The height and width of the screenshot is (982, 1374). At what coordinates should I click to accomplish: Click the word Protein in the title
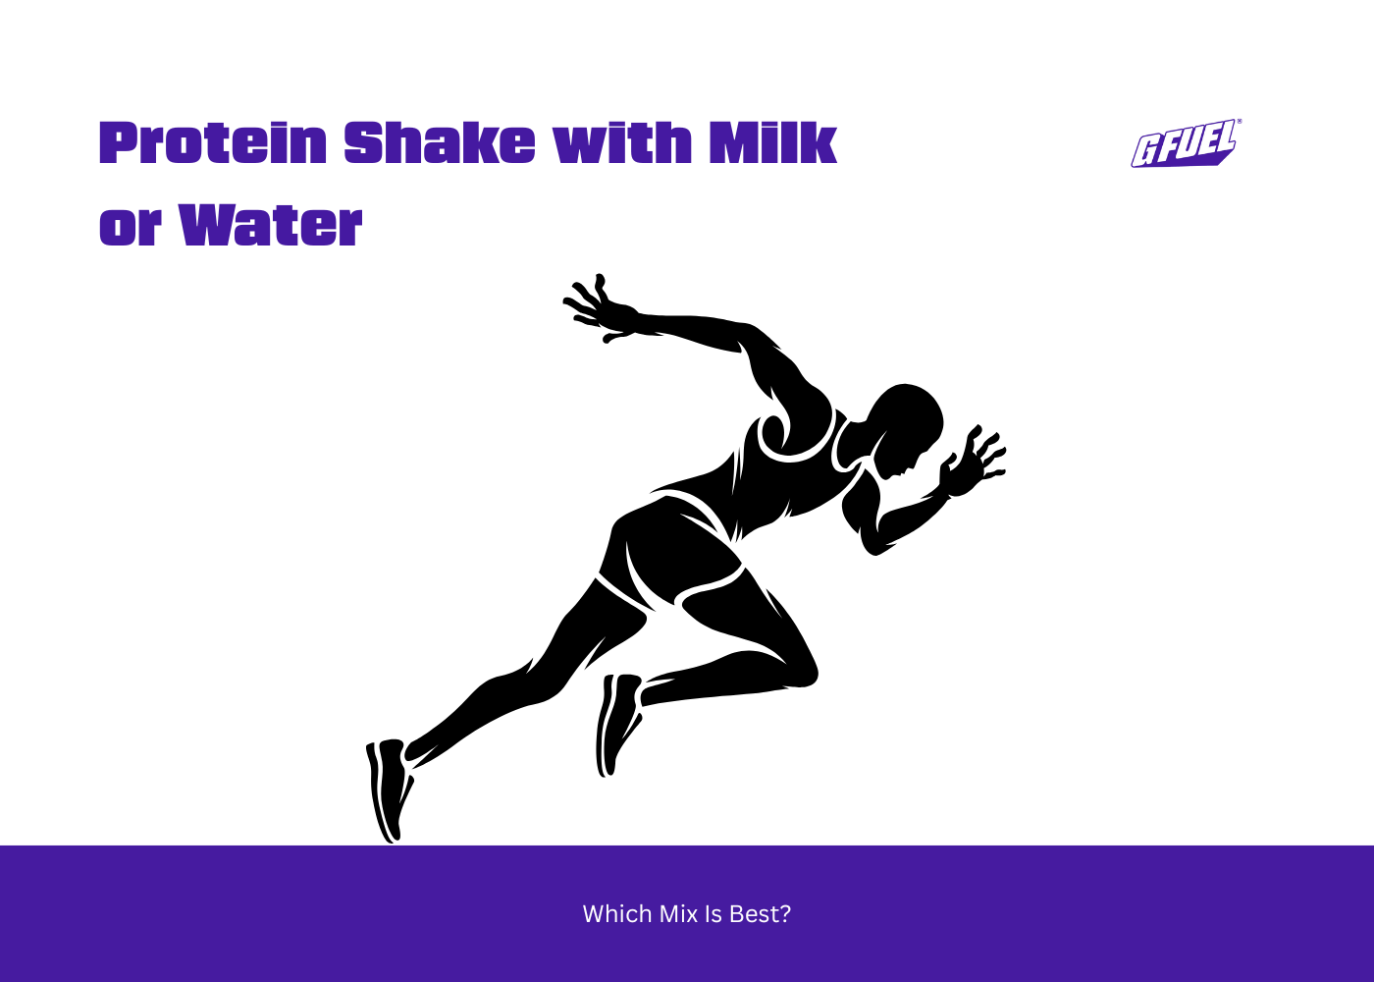tap(213, 143)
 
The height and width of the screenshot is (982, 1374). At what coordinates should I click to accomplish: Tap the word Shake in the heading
tap(440, 143)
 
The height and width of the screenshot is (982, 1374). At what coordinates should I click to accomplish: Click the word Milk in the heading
tap(773, 143)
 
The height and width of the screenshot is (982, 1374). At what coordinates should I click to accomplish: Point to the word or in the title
tap(131, 227)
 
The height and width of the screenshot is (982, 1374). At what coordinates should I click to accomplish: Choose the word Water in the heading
tap(271, 227)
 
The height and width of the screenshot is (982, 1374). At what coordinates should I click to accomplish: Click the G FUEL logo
tap(1186, 144)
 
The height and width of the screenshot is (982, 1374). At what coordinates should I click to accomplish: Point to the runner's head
tap(907, 422)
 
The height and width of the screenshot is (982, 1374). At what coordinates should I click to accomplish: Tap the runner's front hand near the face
tap(972, 462)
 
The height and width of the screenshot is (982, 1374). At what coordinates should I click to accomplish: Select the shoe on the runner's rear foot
tap(390, 786)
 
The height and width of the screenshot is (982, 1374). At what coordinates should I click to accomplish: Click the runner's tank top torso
tap(785, 471)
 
